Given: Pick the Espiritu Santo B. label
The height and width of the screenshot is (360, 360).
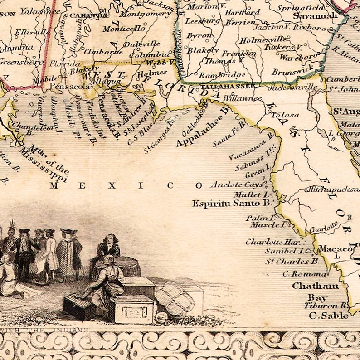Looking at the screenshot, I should point(231,204).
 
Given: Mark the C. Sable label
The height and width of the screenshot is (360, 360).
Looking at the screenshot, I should point(329,316).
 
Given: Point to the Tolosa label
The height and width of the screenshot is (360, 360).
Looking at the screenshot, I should point(285,115).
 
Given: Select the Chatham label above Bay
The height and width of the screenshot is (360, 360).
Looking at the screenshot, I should point(316,286).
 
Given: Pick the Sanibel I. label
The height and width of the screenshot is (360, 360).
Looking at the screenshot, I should point(285,251).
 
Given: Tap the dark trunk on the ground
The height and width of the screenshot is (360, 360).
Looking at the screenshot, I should point(79,307).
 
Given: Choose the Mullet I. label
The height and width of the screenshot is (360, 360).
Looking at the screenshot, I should point(256,194).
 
